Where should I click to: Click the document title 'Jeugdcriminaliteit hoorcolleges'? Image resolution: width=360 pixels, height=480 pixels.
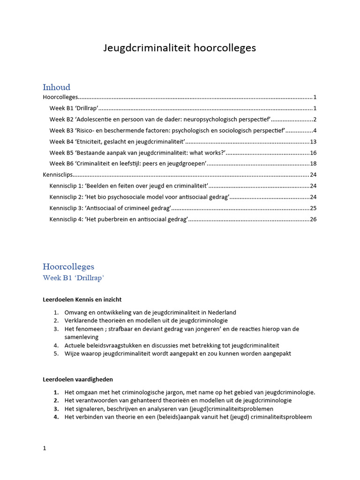[x=180, y=48]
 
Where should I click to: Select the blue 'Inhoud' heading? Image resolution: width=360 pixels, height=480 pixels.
[x=56, y=87]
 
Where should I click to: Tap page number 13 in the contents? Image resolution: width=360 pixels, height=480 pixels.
[x=314, y=142]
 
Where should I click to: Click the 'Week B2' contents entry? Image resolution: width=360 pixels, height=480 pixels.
[x=159, y=120]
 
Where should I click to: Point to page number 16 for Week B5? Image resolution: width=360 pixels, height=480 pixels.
[x=314, y=153]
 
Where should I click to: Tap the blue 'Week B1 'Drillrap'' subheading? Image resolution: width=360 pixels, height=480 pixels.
[x=73, y=278]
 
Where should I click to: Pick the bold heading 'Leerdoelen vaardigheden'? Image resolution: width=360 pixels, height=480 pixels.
[x=78, y=379]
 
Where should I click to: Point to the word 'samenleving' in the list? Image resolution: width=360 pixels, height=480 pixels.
[x=82, y=337]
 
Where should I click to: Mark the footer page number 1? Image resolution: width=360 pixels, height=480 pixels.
[x=45, y=448]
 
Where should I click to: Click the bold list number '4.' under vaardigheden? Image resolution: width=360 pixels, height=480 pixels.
[x=56, y=417]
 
